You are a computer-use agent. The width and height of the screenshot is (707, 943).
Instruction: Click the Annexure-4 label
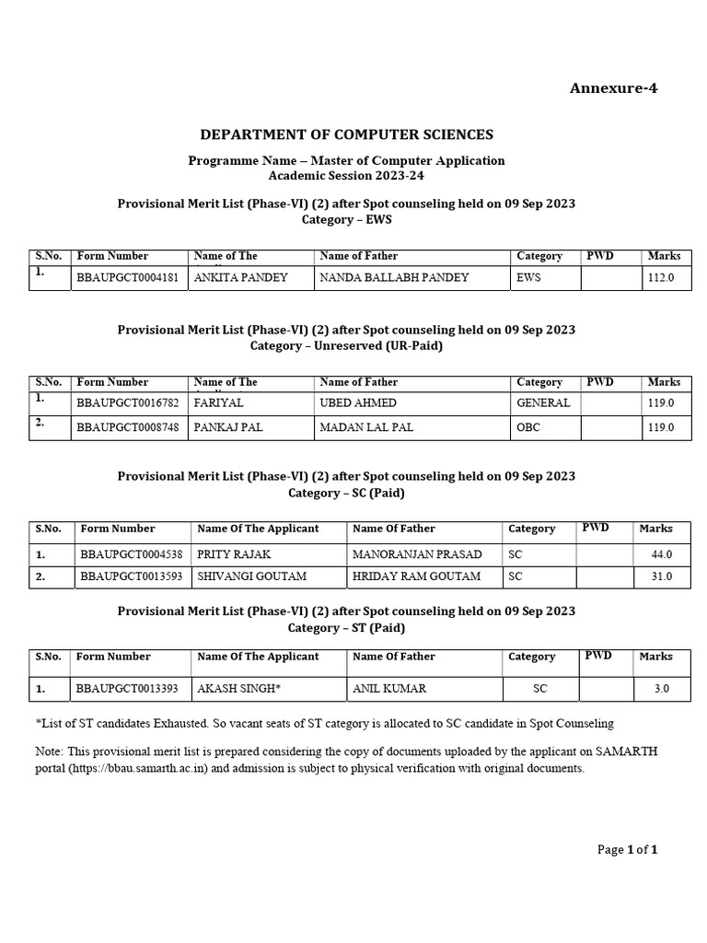pos(614,88)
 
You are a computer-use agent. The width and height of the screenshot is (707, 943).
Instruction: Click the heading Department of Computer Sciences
pos(346,134)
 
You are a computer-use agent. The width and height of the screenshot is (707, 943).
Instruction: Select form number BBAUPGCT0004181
pos(130,277)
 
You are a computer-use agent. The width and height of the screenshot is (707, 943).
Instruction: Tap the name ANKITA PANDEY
pos(240,277)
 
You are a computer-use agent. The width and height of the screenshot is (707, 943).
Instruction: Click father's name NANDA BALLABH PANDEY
pos(394,277)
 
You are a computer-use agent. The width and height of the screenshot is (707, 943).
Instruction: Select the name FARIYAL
pos(217,402)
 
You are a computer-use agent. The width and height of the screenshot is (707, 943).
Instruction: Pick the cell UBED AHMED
pos(358,402)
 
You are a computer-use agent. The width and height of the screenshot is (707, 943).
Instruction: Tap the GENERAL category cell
pos(543,402)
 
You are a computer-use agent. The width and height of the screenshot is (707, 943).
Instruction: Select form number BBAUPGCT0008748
pos(130,427)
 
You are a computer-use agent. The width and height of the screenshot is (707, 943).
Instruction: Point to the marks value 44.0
pos(662,554)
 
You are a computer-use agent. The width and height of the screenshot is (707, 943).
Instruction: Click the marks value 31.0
pos(662,576)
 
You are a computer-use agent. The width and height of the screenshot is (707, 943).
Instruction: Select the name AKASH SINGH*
pos(238,688)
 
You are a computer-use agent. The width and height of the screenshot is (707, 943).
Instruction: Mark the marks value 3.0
pos(666,688)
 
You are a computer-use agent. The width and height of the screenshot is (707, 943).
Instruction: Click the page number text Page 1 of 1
pos(627,850)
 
